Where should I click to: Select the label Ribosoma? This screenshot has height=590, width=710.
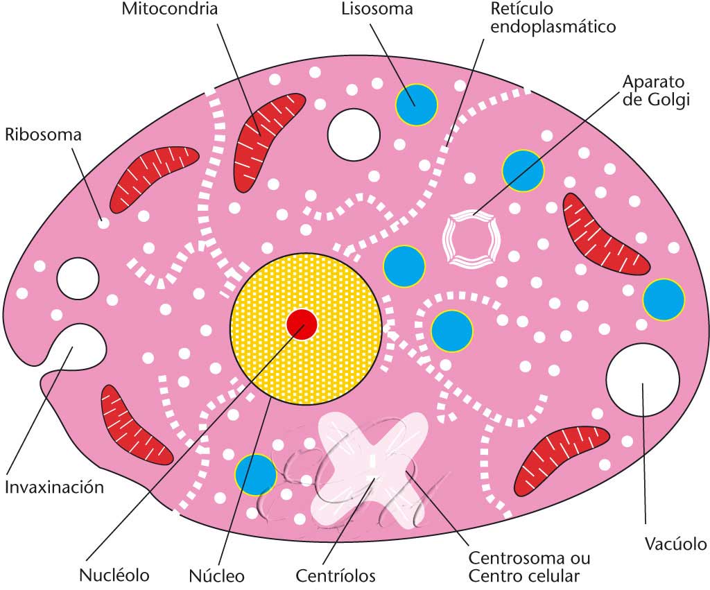[43, 135]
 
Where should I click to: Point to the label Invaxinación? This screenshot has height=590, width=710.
[55, 487]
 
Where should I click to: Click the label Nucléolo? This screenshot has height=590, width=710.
[114, 575]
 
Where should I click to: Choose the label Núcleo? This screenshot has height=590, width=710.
[216, 575]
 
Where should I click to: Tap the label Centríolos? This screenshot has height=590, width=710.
[336, 575]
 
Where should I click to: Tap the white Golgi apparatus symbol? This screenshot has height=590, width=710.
[471, 238]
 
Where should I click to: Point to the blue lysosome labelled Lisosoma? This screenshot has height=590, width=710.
[417, 104]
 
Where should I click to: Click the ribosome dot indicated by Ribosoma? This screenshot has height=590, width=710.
[103, 223]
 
